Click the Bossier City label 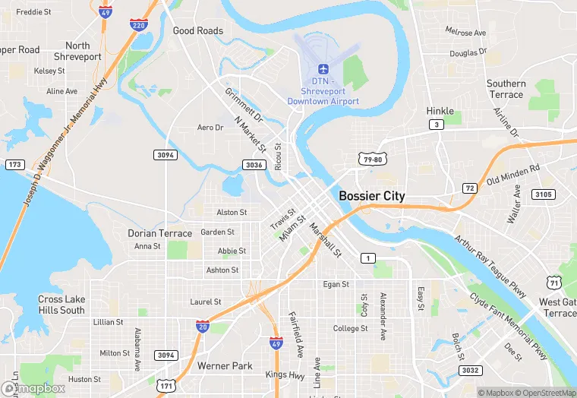[371, 196]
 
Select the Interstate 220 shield [138, 25]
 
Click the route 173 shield [14, 164]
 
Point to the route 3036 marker [254, 165]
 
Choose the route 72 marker [470, 188]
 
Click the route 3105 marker [542, 194]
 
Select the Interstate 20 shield [202, 325]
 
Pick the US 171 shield [166, 386]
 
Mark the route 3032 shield [470, 370]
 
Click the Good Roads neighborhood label [198, 31]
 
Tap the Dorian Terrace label [159, 233]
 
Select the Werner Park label [225, 366]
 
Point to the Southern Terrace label [506, 89]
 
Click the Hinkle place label [440, 111]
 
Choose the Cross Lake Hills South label [61, 305]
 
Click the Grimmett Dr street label [243, 106]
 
